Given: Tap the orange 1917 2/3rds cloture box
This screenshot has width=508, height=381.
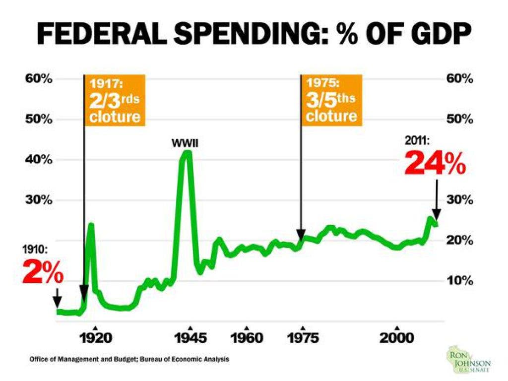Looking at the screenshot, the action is pos(115,100).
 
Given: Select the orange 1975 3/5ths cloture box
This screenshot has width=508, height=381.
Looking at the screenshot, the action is pos(331,100).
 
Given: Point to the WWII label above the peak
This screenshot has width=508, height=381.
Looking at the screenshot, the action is pos(185,143).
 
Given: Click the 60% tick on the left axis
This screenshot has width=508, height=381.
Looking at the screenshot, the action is pos(39,79).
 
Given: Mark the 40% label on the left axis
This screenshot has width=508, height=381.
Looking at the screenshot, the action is pos(39,159).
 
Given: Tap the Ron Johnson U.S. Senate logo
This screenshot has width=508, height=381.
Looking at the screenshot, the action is pos(469,360).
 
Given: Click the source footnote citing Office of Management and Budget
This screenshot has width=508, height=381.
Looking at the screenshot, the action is pos(129,359).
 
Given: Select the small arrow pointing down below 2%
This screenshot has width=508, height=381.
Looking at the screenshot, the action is pos(58,298).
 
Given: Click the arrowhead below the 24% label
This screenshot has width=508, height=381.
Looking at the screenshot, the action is pos(437,215).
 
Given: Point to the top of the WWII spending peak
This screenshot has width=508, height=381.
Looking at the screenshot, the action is pos(187,152).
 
